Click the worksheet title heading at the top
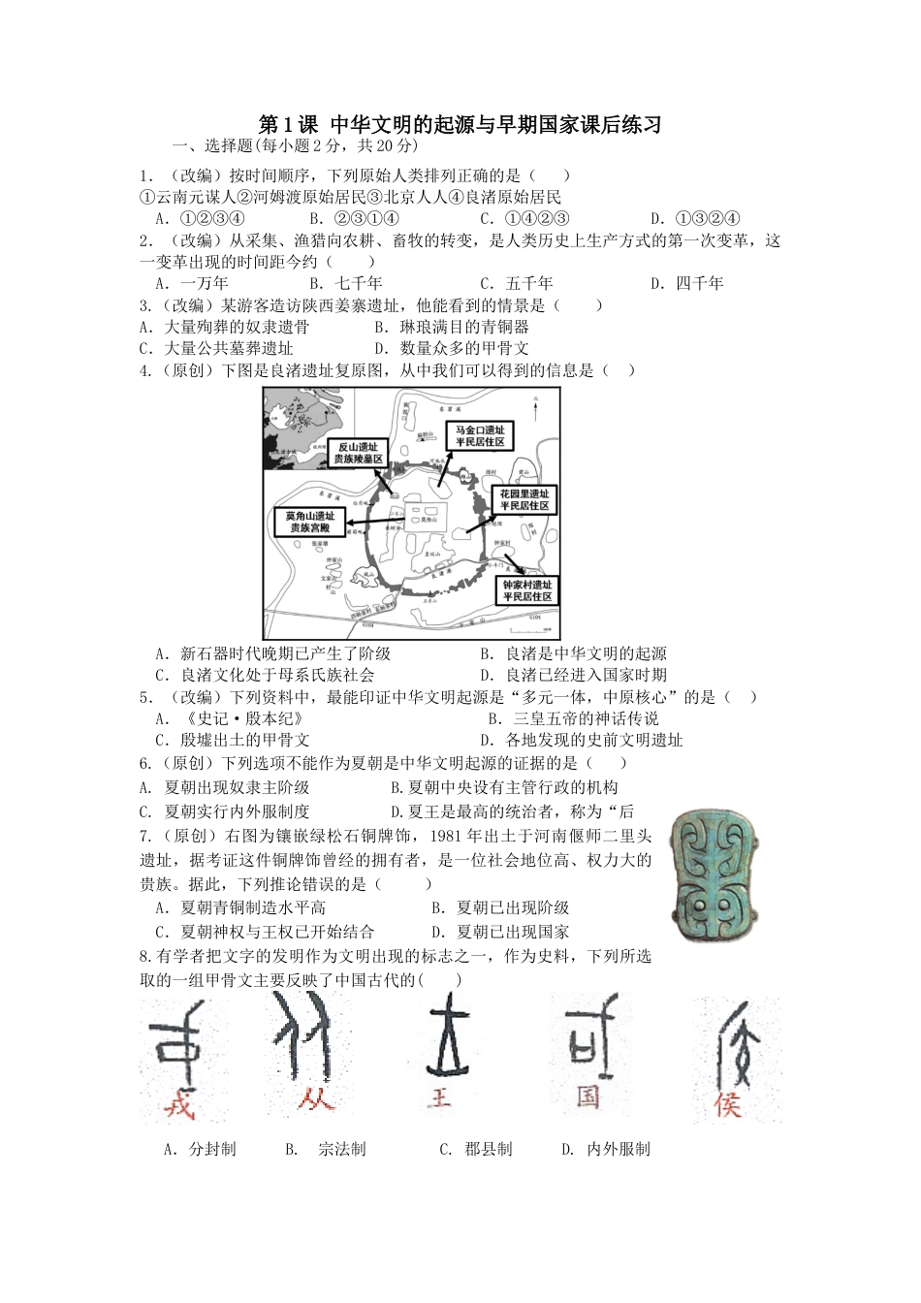click(460, 125)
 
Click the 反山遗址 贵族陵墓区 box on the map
click(358, 453)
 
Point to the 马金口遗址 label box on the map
click(480, 435)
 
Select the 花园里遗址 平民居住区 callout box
click(524, 500)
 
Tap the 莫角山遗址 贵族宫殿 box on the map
click(309, 522)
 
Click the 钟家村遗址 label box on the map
click(526, 590)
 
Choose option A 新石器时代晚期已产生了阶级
click(273, 653)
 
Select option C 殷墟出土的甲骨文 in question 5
click(233, 741)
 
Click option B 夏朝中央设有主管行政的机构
click(504, 788)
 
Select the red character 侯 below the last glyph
click(727, 1103)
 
